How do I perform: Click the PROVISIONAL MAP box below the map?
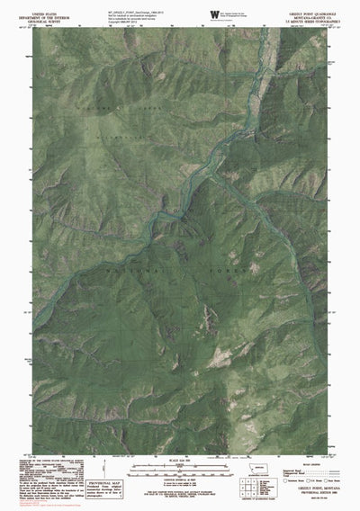pyautogui.click(x=121, y=484)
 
